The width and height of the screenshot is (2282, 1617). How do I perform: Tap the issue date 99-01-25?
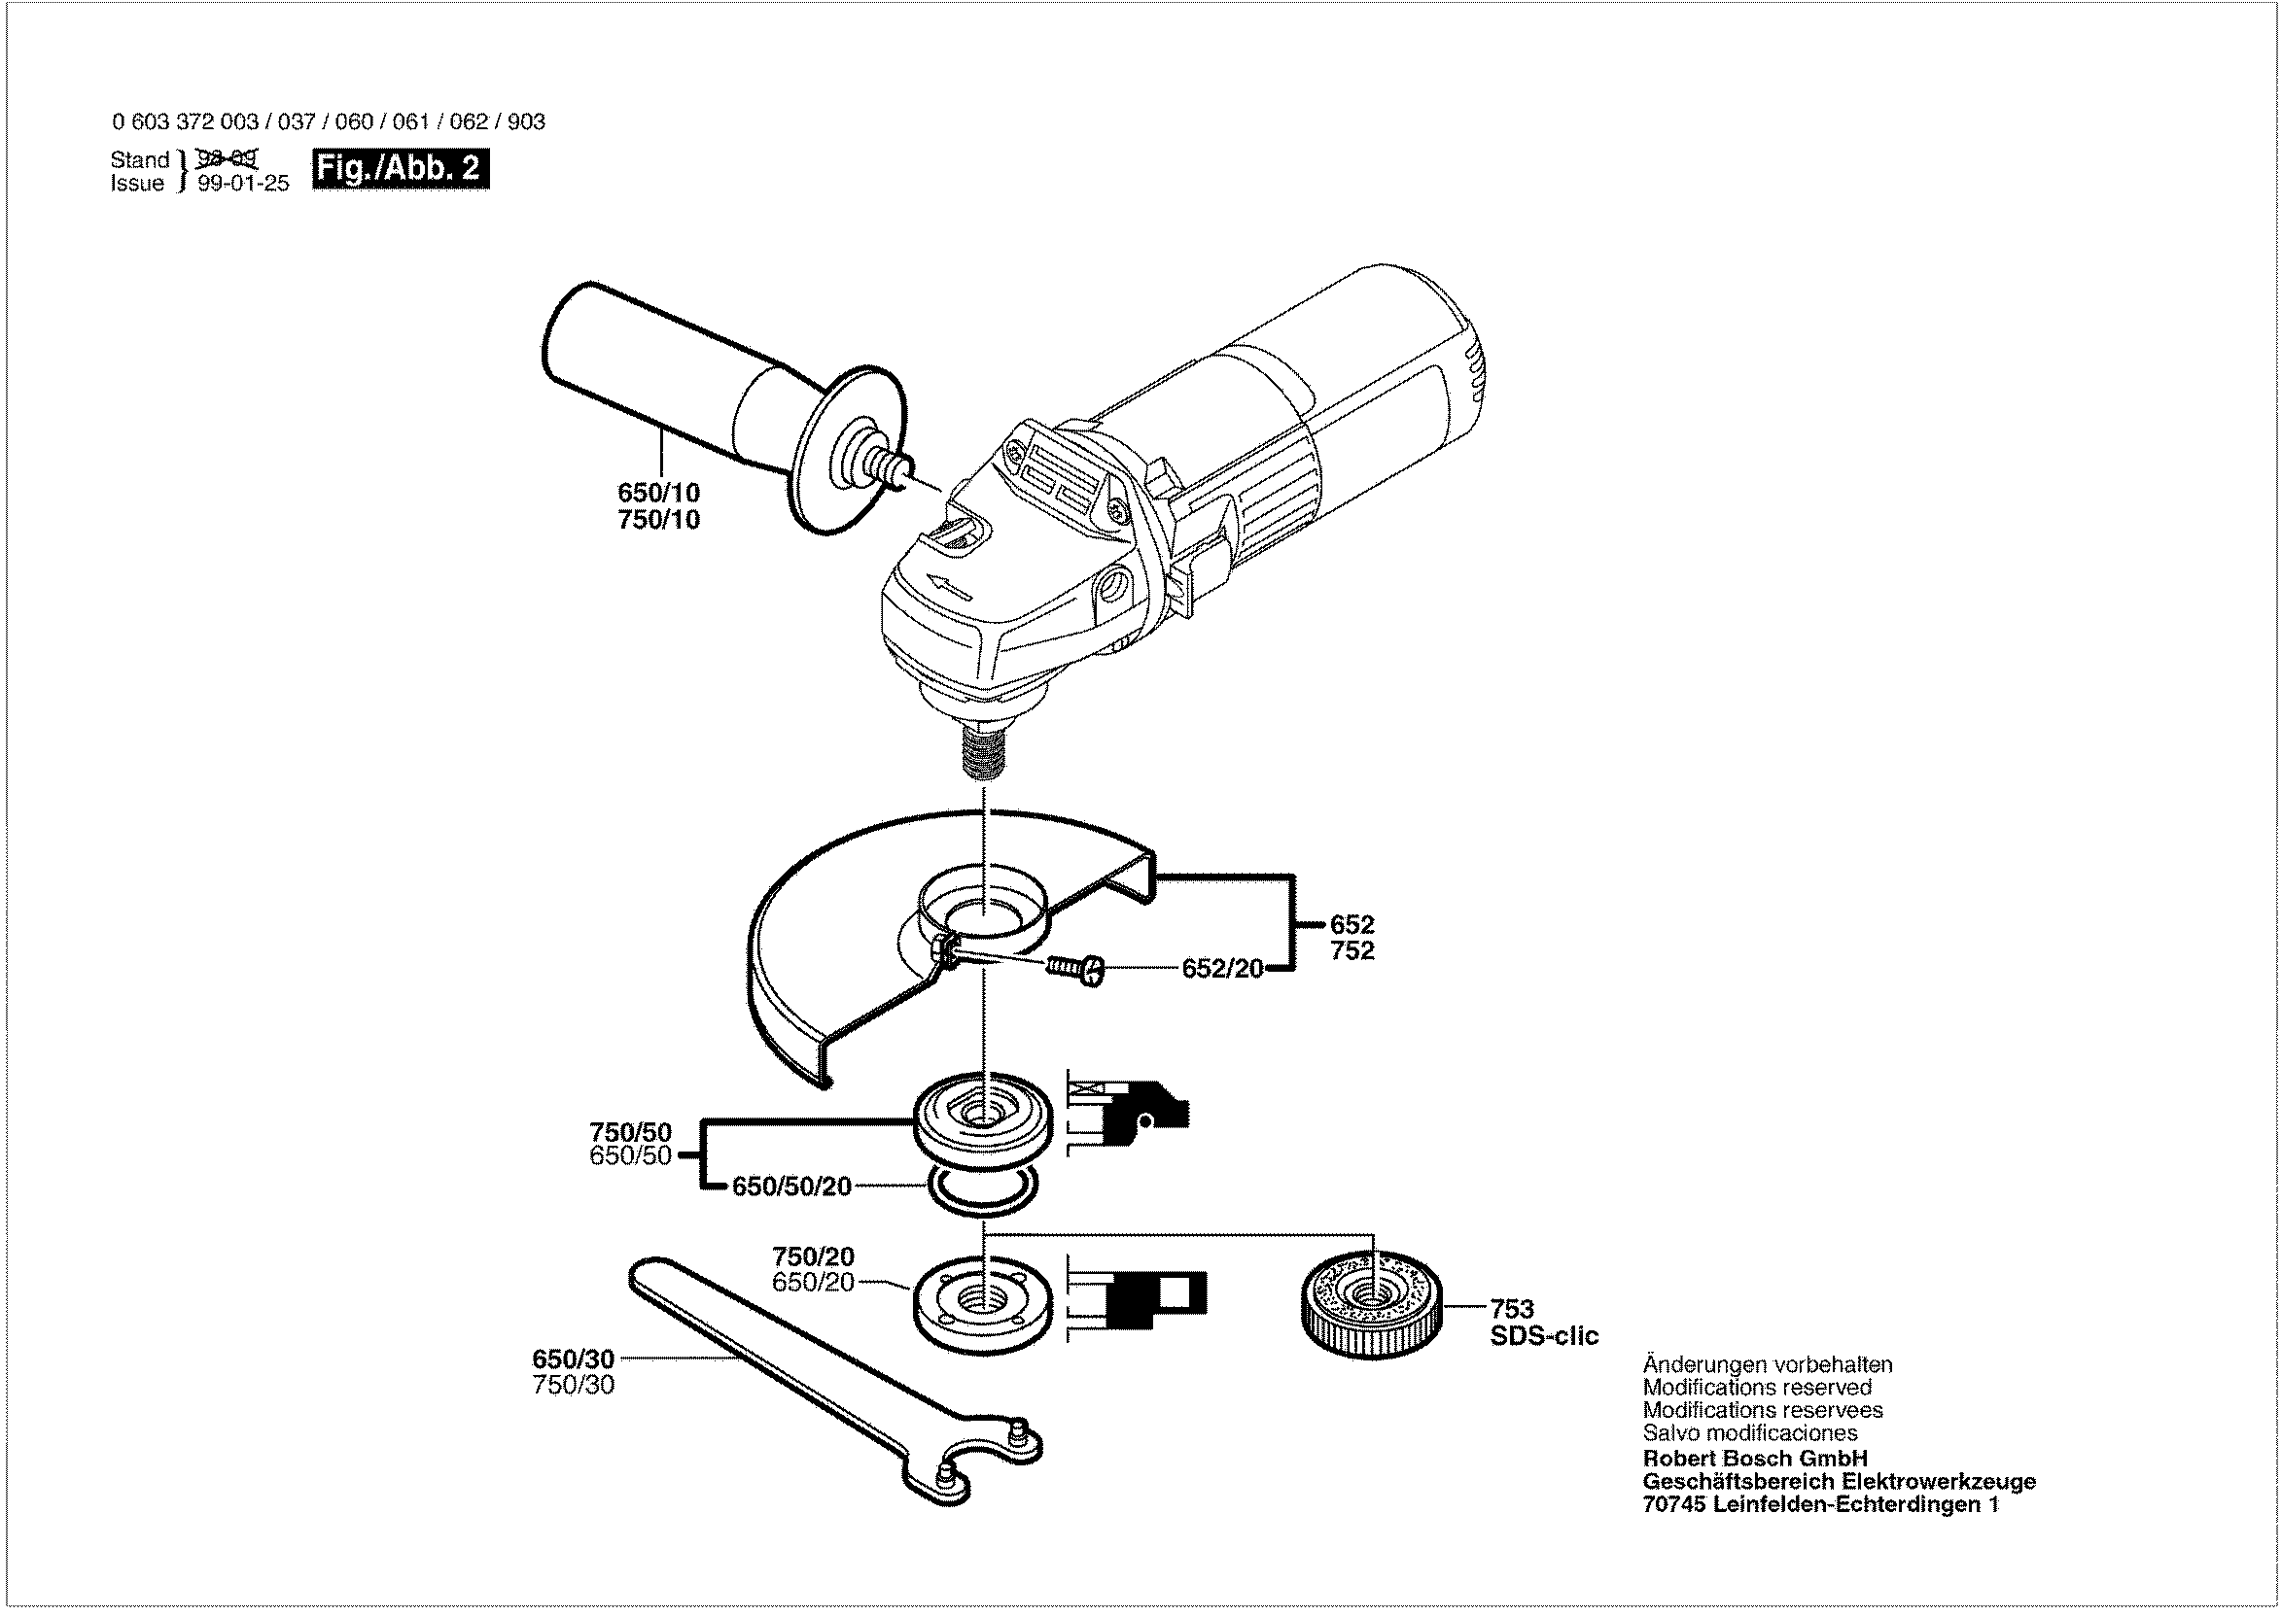(243, 185)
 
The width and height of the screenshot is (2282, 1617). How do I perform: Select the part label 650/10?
(658, 492)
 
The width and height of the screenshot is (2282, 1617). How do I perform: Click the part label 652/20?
(1222, 968)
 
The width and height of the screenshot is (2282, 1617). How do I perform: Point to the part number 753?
(1511, 1308)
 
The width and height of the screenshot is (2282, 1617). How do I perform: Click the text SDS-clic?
(1544, 1336)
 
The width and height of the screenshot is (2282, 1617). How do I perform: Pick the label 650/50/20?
(791, 1186)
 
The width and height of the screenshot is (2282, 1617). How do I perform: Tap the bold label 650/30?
(573, 1359)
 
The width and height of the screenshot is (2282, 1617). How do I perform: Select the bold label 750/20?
(813, 1256)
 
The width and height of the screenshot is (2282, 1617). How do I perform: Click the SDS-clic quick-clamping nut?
(1371, 1306)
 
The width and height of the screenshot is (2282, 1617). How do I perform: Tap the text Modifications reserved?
(1757, 1387)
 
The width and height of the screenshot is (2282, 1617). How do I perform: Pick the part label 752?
(1352, 951)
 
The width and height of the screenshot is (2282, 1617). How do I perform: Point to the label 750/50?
(630, 1132)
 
